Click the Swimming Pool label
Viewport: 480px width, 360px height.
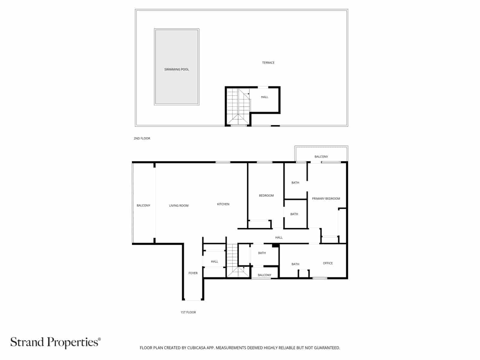176,70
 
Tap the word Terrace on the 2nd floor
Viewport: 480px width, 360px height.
268,63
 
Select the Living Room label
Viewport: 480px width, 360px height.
179,206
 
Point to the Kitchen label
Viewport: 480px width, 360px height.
223,204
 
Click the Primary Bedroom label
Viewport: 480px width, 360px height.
326,199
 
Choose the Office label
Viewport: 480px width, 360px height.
328,263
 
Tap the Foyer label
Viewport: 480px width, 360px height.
193,273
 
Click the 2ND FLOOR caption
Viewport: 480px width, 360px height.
142,139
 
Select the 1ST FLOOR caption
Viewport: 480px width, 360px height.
188,312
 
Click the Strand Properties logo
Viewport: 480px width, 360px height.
55,342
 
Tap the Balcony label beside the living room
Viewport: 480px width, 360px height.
143,205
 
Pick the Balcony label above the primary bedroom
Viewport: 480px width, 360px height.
321,157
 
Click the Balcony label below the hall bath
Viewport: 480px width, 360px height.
264,275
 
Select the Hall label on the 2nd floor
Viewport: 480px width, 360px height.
264,97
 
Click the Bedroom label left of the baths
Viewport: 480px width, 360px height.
266,196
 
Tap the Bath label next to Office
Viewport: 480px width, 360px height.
295,264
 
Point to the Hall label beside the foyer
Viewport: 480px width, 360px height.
214,262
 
